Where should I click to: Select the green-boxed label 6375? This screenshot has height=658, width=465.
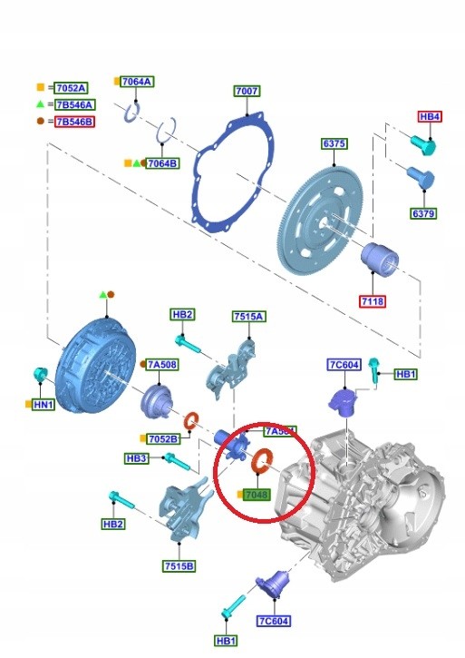(334, 144)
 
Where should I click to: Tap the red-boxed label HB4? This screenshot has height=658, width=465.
(430, 117)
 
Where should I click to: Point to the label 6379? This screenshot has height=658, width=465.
(423, 214)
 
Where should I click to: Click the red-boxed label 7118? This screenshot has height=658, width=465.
(373, 299)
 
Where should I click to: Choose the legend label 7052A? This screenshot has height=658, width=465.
(71, 88)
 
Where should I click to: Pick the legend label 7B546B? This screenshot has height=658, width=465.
(74, 121)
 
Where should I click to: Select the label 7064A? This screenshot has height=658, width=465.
(136, 82)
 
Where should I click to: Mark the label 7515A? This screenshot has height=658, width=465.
(247, 317)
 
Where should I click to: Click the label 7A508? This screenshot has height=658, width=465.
(162, 365)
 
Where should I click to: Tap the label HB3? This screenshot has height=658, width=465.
(137, 459)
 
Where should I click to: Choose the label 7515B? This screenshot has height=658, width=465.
(178, 566)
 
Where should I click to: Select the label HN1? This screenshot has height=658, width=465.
(43, 405)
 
